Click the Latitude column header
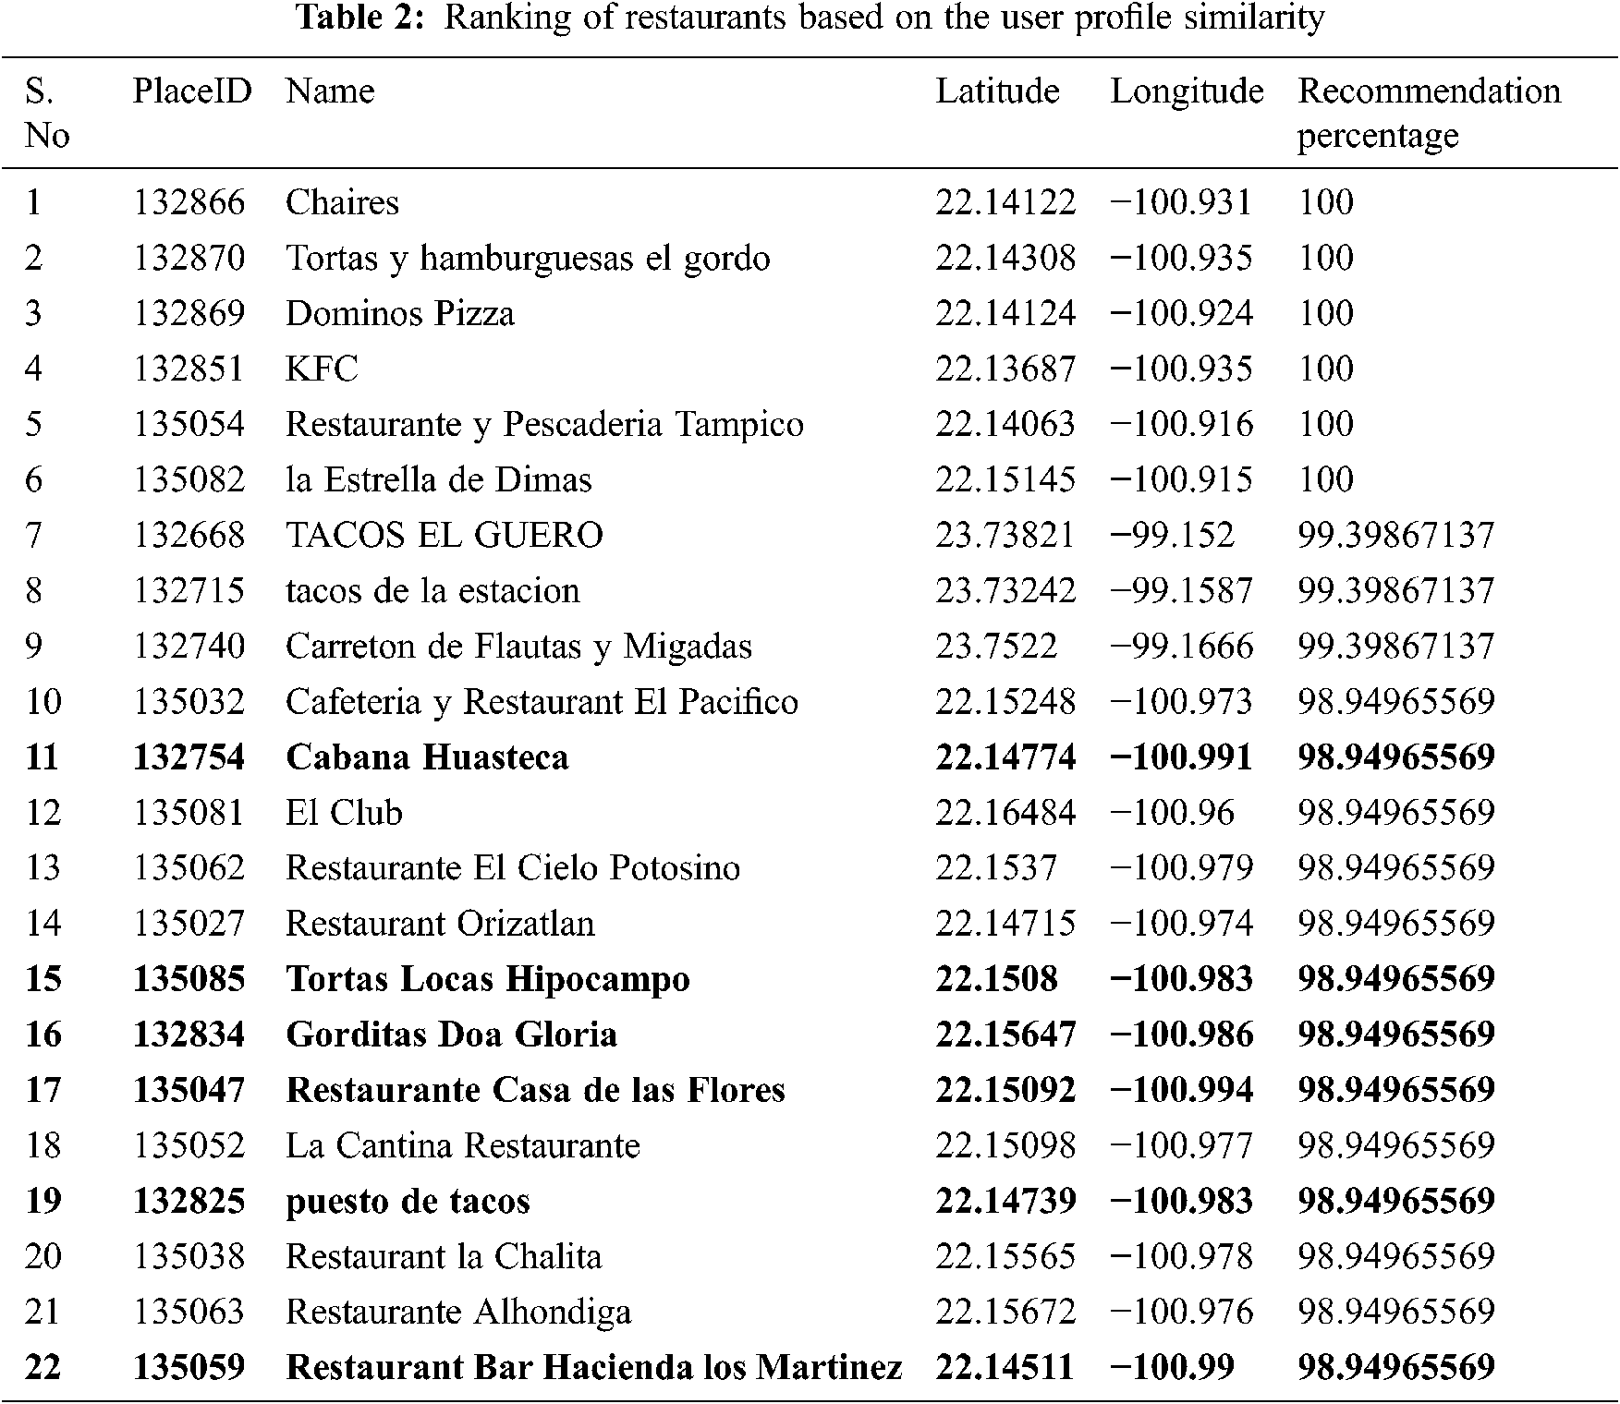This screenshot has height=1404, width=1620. click(997, 91)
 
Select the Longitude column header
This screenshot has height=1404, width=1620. click(1187, 91)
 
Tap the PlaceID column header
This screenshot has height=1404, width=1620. click(192, 91)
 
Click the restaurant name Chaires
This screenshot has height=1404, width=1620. click(342, 202)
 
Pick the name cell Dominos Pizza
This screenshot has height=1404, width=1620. click(399, 313)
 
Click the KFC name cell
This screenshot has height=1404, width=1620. click(321, 369)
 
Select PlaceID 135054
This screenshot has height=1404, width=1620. click(189, 424)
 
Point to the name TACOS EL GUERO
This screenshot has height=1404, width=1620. click(444, 535)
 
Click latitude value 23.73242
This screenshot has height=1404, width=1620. click(1005, 590)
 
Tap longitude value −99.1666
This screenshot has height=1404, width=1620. click(1181, 646)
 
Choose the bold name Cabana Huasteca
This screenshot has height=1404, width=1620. click(427, 757)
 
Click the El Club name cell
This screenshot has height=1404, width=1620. click(344, 813)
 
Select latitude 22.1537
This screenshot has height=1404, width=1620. click(995, 868)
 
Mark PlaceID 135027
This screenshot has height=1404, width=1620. click(189, 924)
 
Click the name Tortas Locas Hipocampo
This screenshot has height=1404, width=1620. click(487, 979)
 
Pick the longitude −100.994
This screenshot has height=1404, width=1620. click(1181, 1090)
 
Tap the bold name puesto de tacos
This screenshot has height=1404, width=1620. click(408, 1201)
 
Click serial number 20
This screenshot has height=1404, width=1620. click(43, 1256)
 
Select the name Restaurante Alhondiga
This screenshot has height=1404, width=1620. click(457, 1312)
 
